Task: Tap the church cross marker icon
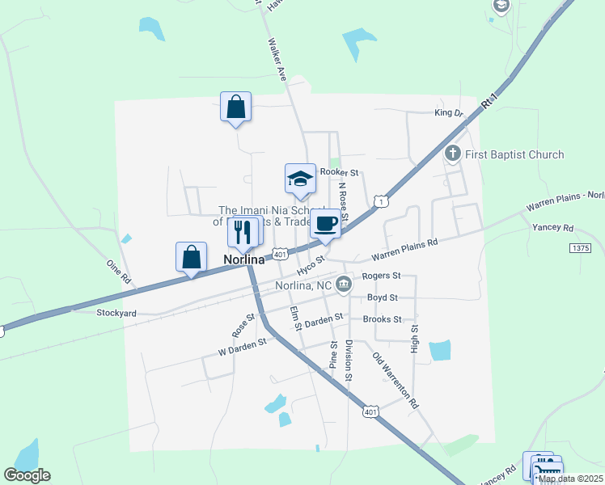tap(453, 153)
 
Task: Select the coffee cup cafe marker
tap(325, 224)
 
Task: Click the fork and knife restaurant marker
tap(243, 233)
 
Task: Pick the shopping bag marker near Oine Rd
tap(191, 258)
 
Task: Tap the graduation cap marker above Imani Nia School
tap(300, 179)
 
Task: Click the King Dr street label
tap(448, 113)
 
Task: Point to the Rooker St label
tap(339, 172)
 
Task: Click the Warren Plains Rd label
tap(404, 249)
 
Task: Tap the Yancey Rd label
tap(552, 228)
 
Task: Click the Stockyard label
tap(115, 313)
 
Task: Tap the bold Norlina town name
tap(245, 260)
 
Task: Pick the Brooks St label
tap(382, 319)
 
